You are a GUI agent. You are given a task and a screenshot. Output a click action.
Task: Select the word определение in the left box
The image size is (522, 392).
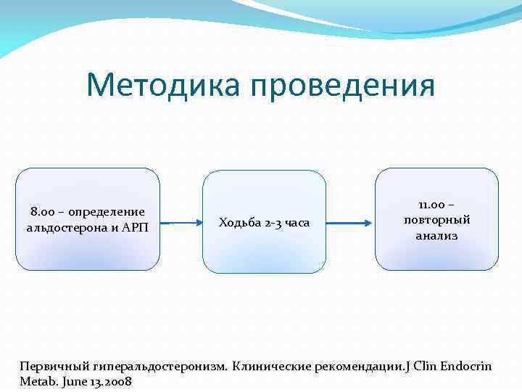[106, 212]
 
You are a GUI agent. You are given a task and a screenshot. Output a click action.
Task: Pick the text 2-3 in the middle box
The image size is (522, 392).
[273, 222]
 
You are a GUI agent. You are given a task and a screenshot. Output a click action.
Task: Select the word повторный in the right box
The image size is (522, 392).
[436, 220]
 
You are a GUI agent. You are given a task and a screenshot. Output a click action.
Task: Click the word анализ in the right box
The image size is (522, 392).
[436, 235]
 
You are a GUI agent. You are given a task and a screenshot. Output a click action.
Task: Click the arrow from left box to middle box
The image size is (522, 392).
[181, 223]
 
